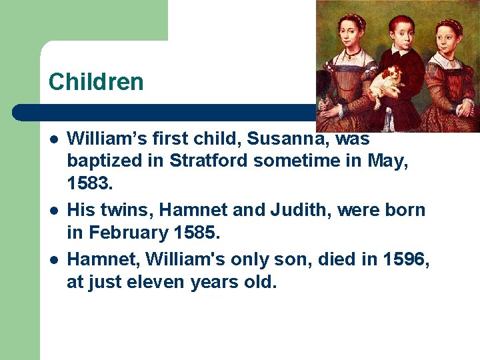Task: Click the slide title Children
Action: (x=96, y=82)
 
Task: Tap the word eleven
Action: (x=155, y=281)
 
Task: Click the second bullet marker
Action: (x=53, y=211)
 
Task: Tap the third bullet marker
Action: (x=53, y=258)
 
